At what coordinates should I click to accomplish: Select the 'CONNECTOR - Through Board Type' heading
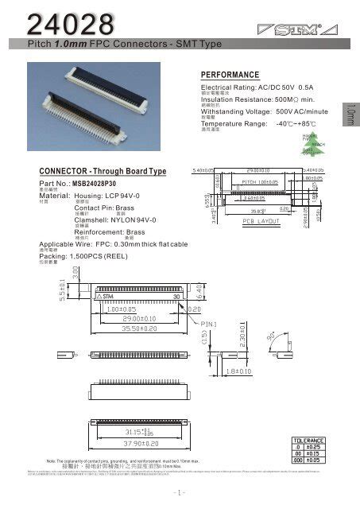pyautogui.click(x=103, y=172)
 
